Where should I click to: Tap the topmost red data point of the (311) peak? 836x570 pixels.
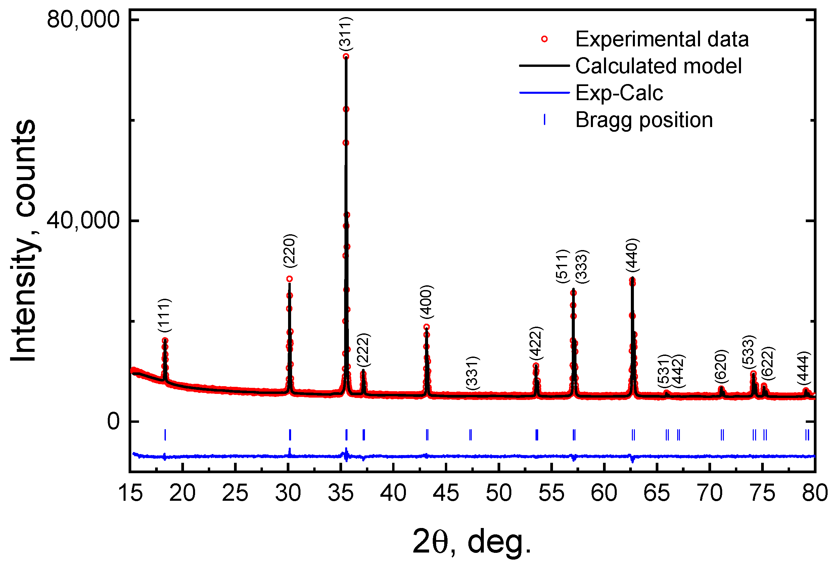coord(346,56)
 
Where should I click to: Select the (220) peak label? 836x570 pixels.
coord(290,251)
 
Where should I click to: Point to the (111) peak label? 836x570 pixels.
coord(165,316)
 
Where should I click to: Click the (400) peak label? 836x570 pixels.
coord(427,302)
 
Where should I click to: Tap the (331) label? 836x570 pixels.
coord(472,373)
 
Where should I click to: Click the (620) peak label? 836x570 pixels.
coord(721,366)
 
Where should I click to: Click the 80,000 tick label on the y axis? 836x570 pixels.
coord(83,19)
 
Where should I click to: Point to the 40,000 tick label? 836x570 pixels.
coord(83,220)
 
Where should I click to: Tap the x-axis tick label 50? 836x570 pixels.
coord(499,493)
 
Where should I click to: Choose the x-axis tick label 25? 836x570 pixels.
coord(235,493)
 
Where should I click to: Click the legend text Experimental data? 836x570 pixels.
coord(662,39)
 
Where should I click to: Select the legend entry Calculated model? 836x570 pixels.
coord(658,66)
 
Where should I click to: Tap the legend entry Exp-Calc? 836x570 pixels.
coord(619,93)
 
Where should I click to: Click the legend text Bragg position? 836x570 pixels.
coord(644,120)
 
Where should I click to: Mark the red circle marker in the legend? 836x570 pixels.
coord(544,39)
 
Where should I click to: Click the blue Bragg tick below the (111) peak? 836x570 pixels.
coord(165,435)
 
